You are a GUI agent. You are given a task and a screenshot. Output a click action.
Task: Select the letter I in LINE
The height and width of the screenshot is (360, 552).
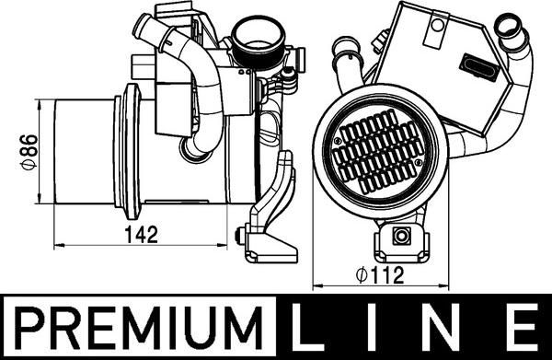383,329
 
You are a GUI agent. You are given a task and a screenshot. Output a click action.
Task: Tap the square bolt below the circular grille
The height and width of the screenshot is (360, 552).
400,237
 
